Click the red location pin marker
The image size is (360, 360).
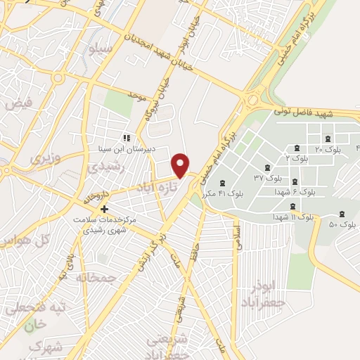181,165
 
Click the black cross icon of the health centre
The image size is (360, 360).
104,209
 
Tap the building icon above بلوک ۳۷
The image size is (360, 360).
266,167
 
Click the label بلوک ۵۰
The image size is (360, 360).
342,224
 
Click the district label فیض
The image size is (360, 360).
18,103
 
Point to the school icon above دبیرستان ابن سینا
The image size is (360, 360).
127,138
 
